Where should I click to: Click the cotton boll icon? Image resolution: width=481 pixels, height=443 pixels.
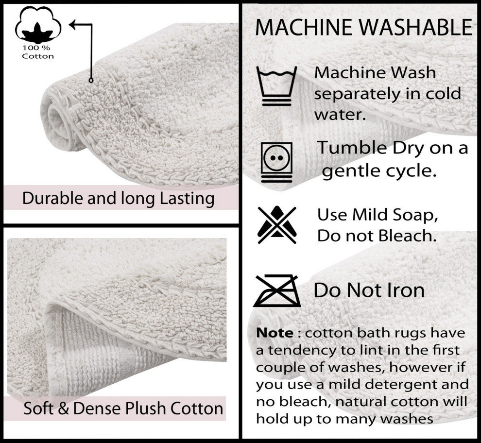coord(37,27)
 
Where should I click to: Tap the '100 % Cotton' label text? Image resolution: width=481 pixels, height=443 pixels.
coord(37,52)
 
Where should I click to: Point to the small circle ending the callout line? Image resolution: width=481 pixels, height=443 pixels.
coord(91,80)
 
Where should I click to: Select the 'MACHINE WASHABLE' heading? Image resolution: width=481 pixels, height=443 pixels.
coord(363,28)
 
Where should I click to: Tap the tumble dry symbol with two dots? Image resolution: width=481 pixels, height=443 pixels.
coord(276,162)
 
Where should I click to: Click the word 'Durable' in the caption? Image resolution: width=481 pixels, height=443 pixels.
coord(51,199)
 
